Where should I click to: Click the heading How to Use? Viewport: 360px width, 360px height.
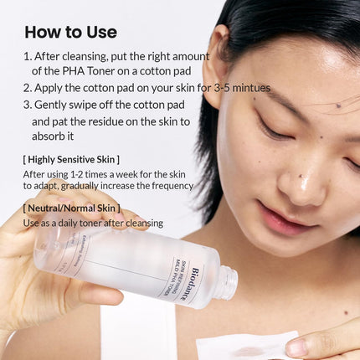pyautogui.click(x=70, y=33)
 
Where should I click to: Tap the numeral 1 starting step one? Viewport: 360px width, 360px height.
pyautogui.click(x=28, y=56)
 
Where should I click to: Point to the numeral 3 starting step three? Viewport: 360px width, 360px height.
pyautogui.click(x=28, y=105)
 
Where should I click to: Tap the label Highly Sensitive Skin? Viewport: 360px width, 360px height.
pyautogui.click(x=71, y=159)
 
